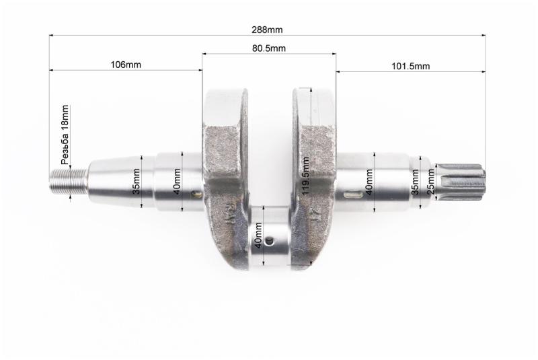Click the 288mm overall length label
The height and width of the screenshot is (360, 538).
[x=267, y=30]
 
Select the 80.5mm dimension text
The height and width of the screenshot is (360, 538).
[x=269, y=48]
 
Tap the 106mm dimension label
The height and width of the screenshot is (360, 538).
[x=126, y=65]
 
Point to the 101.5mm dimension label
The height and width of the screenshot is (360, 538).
[x=411, y=66]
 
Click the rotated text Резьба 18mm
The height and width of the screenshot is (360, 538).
[x=65, y=135]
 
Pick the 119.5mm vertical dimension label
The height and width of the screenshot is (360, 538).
[x=306, y=176]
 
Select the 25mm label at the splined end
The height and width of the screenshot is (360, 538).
[x=430, y=186]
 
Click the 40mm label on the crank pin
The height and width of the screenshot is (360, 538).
[x=258, y=235]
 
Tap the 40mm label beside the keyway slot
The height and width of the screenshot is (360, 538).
[x=369, y=182]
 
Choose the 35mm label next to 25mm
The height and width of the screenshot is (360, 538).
[x=415, y=182]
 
